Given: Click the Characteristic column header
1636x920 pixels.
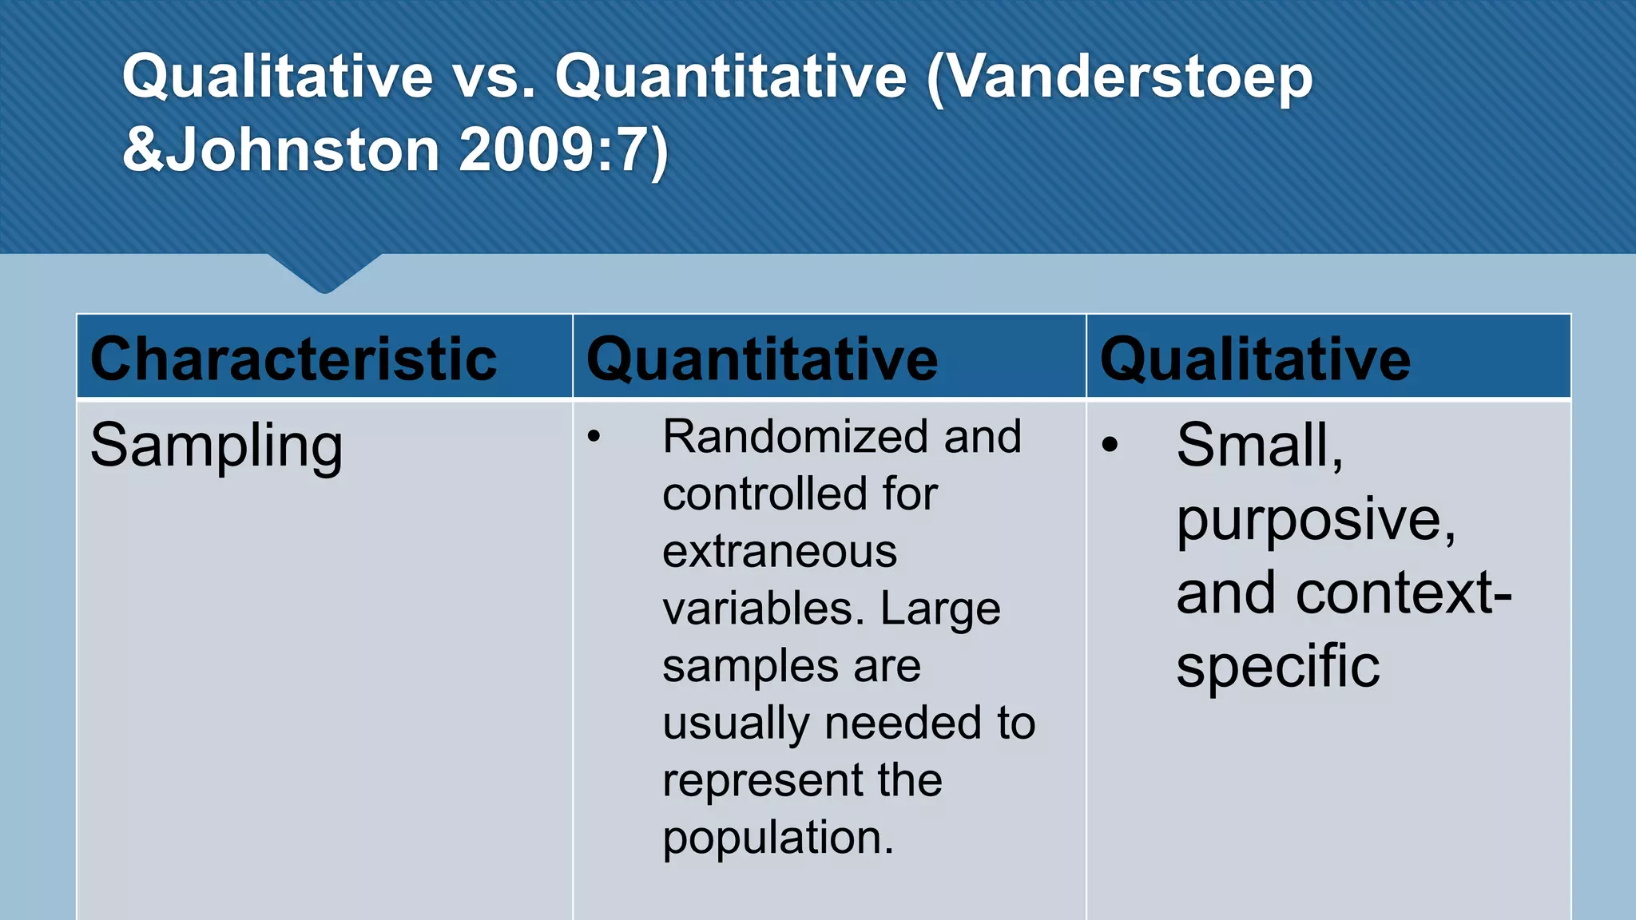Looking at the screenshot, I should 293,359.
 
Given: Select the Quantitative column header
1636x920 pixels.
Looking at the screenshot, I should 762,359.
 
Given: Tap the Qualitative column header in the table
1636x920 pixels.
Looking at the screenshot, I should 1255,359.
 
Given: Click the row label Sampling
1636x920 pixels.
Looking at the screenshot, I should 216,446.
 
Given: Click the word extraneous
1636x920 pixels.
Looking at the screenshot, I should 780,552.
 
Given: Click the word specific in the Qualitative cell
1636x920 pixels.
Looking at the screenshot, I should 1277,666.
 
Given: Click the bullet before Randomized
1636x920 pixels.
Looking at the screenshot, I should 594,437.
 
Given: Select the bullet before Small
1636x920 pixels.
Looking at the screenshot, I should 1109,445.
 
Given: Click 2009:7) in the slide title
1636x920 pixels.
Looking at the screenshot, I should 564,150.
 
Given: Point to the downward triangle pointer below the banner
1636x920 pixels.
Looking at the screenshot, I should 324,273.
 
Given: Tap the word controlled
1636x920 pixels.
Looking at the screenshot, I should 765,494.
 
